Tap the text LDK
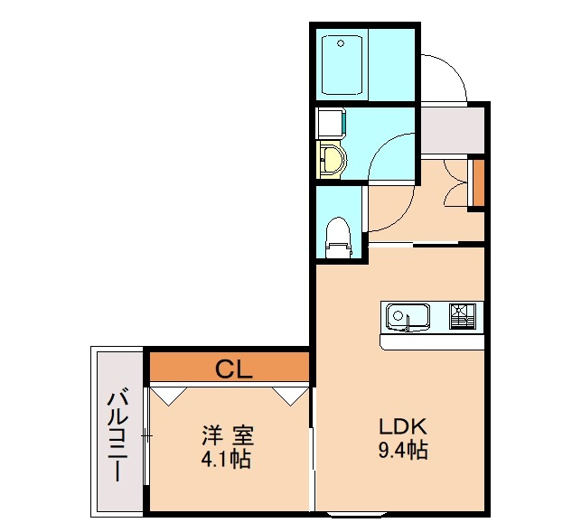[395, 427]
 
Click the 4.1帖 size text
[226, 459]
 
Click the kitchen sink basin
[408, 317]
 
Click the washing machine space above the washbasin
[331, 122]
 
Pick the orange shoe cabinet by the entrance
[478, 182]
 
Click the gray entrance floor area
[452, 131]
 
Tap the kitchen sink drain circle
[399, 317]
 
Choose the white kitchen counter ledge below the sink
[433, 342]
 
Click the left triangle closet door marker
[168, 394]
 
